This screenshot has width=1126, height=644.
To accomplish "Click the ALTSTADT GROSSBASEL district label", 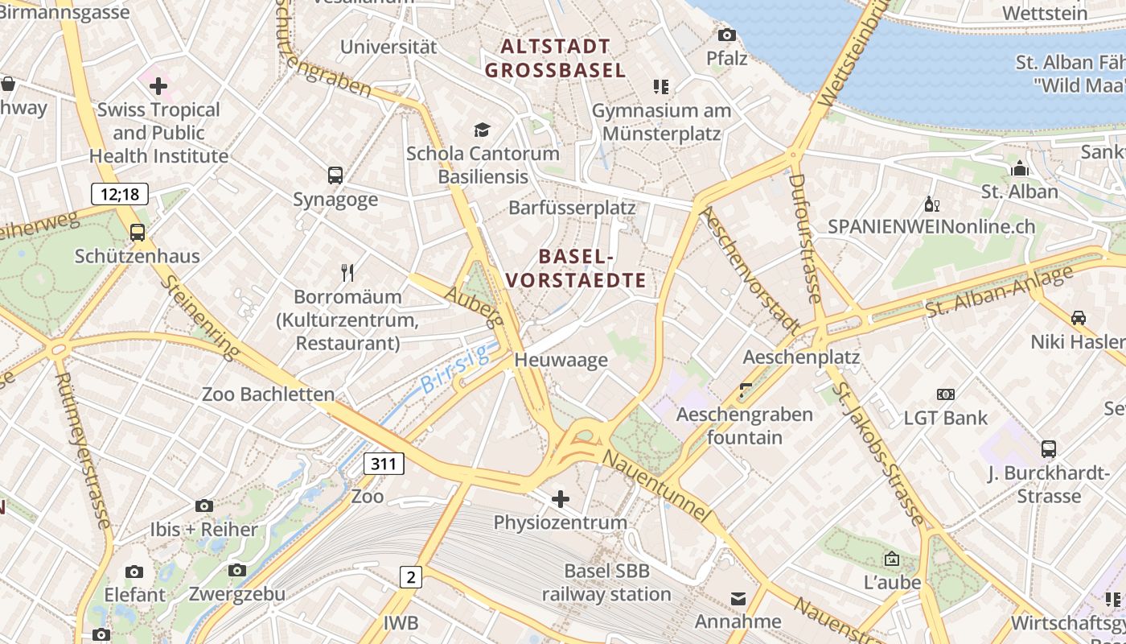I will point(555,58).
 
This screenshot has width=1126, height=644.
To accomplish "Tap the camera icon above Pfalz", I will point(726,35).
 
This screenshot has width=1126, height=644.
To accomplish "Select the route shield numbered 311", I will point(384,464).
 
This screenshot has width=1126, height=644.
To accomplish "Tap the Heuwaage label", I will point(561,360).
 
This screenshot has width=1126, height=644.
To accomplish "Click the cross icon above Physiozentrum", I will point(561,499).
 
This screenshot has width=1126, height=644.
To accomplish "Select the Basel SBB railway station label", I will point(606,583).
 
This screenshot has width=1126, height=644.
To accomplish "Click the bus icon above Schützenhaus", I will point(138,233).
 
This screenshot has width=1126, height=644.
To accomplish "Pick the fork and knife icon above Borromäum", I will point(347,273).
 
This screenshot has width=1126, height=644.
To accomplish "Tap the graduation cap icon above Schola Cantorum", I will point(482,130).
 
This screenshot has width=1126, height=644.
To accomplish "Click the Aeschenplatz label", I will point(801,357).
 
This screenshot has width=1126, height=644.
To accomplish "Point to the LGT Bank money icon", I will point(946,394).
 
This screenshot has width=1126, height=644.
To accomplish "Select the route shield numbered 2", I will point(410,576).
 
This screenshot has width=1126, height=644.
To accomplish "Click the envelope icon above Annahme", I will point(738,598).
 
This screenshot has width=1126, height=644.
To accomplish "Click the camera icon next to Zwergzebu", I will point(236,571).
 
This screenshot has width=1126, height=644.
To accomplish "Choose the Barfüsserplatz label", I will point(572,208).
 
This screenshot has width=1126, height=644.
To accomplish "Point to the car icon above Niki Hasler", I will point(1079,318).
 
